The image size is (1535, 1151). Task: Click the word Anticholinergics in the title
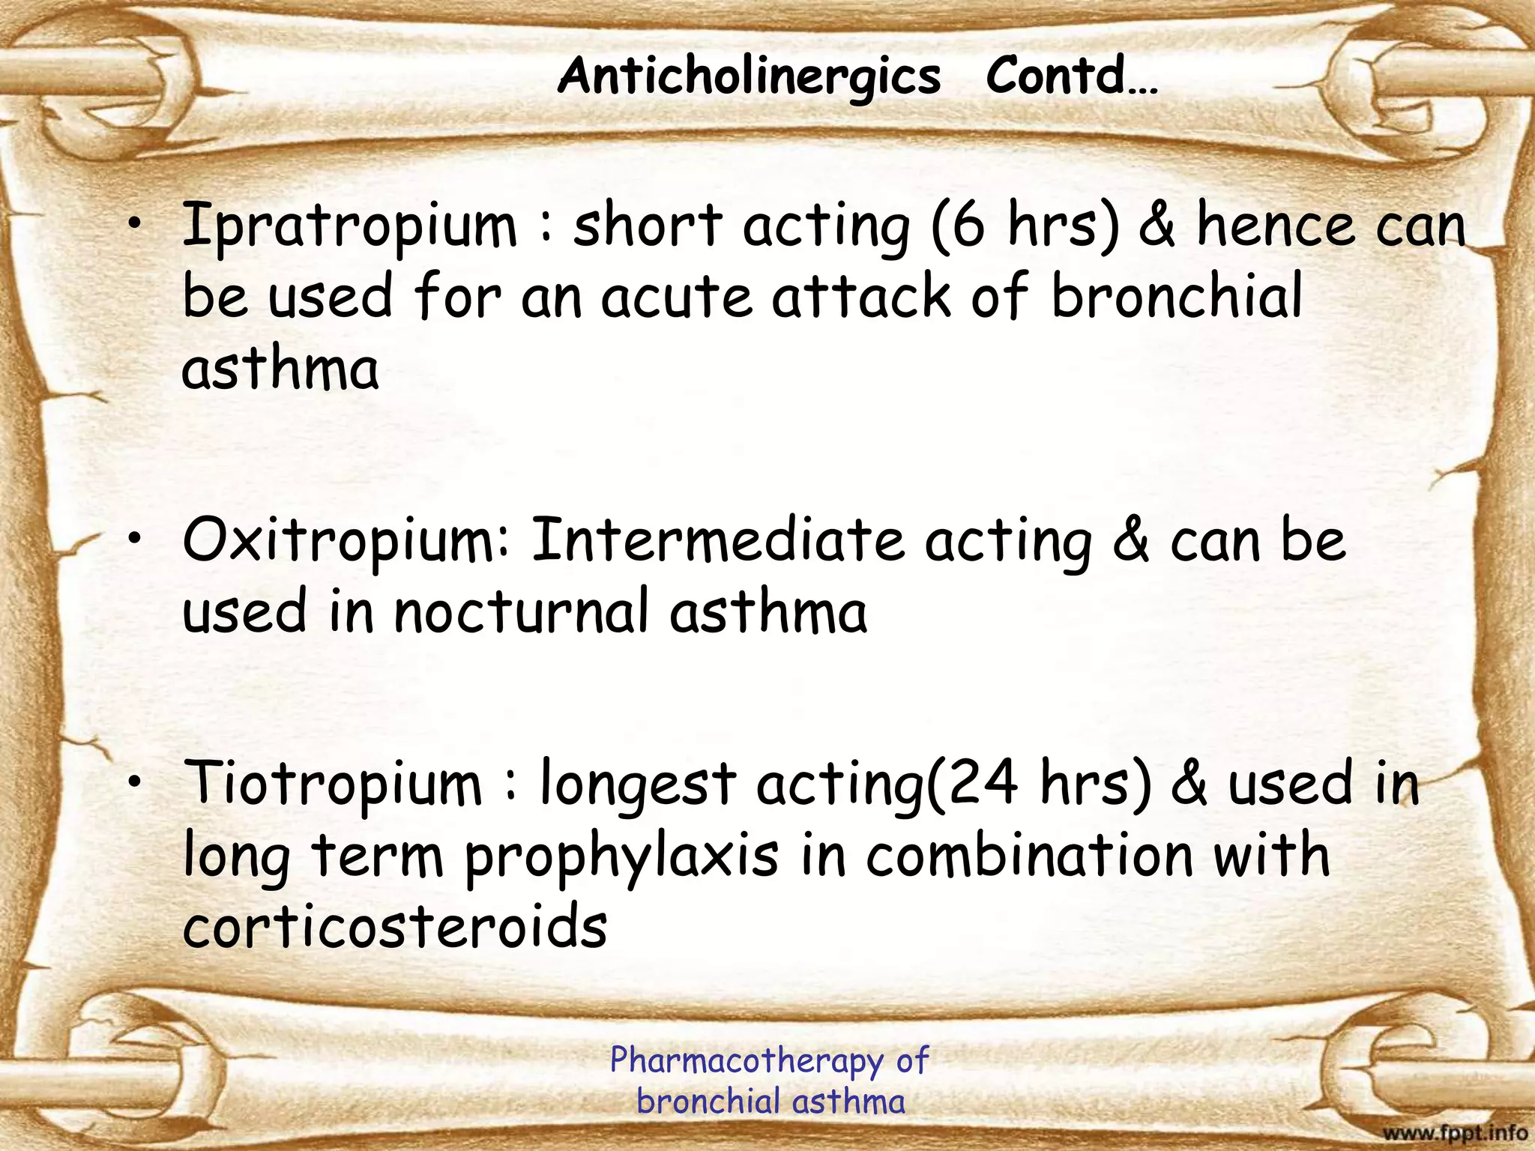tap(749, 77)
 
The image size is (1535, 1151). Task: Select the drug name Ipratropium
tap(349, 225)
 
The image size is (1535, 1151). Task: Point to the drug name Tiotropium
tap(334, 784)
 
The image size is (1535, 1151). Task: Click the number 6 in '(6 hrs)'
tap(968, 225)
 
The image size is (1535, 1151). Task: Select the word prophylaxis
tap(621, 857)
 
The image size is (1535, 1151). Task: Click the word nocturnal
tap(521, 611)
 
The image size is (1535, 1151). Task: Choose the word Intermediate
tap(717, 541)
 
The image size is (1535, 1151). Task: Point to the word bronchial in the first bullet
tap(1177, 295)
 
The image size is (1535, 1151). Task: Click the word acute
tap(676, 297)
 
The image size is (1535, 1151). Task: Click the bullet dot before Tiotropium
tap(134, 782)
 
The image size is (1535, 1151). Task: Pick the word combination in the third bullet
tap(1029, 856)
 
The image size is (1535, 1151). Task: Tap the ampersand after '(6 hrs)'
tap(1156, 225)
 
